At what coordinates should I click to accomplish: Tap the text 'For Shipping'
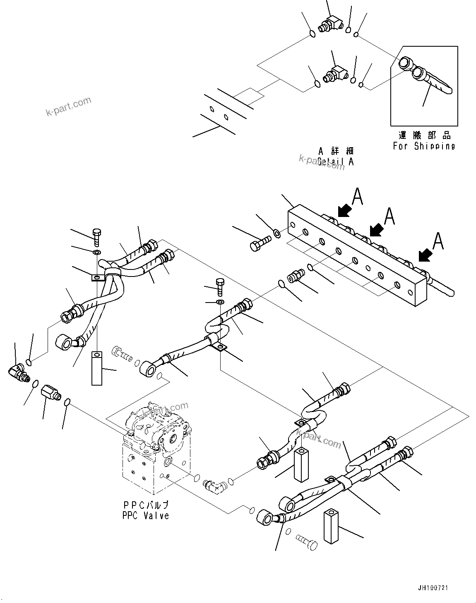[x=424, y=146]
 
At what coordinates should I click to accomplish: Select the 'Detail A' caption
[x=336, y=161]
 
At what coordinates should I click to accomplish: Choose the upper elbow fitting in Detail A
[x=331, y=24]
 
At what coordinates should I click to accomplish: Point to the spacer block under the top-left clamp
[x=96, y=368]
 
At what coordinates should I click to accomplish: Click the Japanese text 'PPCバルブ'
[x=146, y=505]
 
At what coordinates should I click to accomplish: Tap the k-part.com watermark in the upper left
[x=68, y=107]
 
